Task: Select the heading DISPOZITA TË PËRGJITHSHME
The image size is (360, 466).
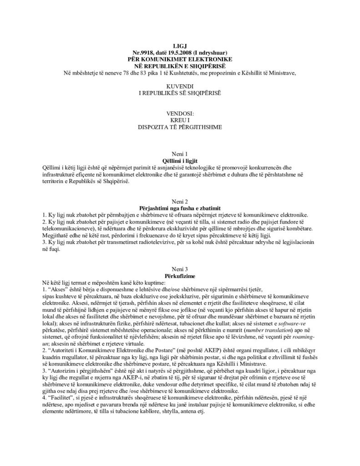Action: tap(180, 124)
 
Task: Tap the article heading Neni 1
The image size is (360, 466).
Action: tap(180, 154)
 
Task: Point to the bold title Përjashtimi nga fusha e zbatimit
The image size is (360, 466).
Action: tap(180, 207)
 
